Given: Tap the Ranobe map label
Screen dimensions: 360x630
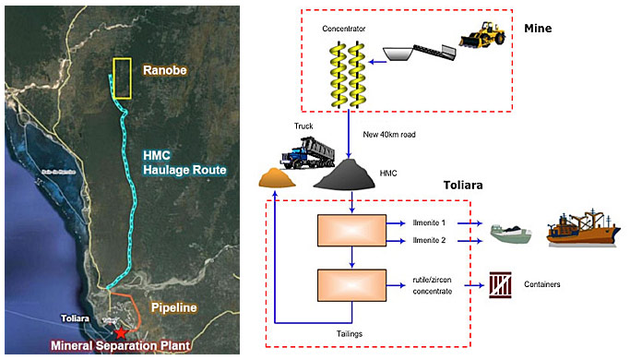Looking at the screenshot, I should (x=164, y=70).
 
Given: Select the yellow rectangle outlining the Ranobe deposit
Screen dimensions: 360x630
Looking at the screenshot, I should (x=122, y=78).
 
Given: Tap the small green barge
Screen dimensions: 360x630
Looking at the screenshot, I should (x=510, y=234).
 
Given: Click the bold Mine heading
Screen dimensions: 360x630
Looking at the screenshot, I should (x=537, y=29).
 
